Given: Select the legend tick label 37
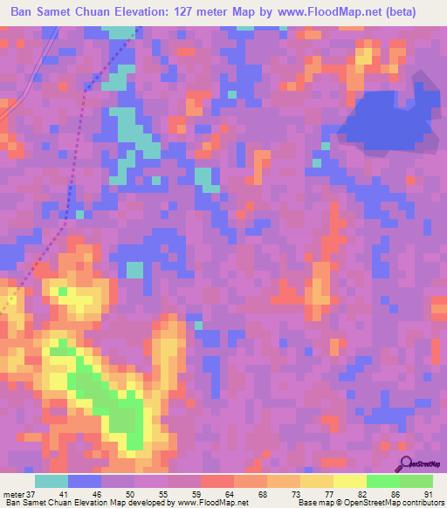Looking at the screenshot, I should [x=33, y=493].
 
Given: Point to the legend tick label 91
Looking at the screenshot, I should [x=428, y=493].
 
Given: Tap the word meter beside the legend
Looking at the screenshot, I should [x=13, y=493].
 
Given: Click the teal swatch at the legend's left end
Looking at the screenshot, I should [x=51, y=481].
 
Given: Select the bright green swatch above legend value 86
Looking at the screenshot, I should [x=382, y=481].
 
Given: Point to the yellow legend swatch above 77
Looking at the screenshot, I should [x=316, y=481].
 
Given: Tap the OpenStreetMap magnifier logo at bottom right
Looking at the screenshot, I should [x=407, y=464].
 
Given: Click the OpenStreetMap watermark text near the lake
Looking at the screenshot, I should [x=423, y=87].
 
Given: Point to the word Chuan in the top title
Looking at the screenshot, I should [x=113, y=12].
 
